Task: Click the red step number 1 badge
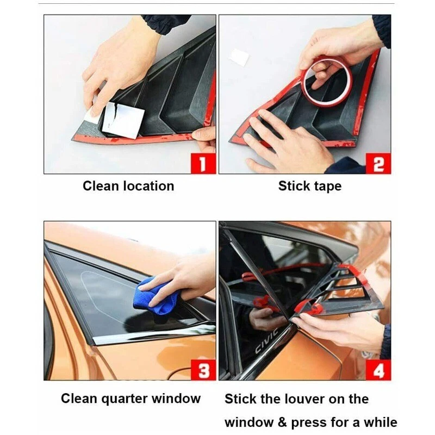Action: (x=203, y=164)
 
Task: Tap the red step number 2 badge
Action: (x=378, y=164)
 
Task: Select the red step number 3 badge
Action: (x=203, y=370)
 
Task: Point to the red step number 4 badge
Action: (x=378, y=370)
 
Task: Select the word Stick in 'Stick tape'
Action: (x=294, y=186)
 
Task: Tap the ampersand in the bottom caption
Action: (x=282, y=422)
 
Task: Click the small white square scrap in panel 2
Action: (x=239, y=57)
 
